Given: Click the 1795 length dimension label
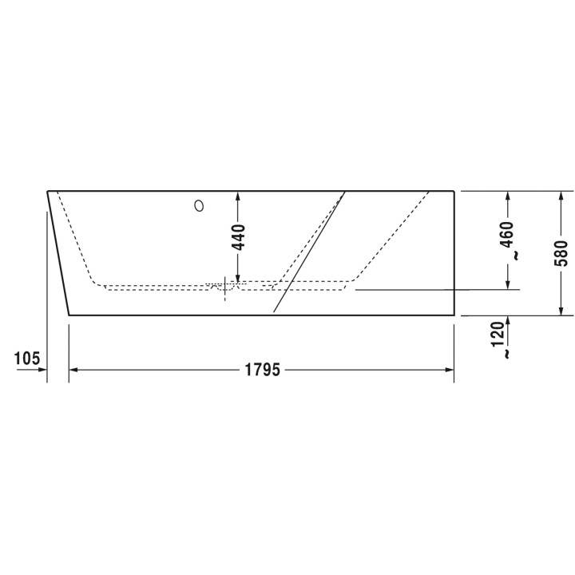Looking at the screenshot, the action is tap(262, 370).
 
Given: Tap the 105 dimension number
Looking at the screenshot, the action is tap(27, 359).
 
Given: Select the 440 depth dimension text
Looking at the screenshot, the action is tap(239, 237).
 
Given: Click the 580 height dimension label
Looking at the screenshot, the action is tap(561, 253).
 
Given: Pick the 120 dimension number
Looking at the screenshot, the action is tap(498, 334).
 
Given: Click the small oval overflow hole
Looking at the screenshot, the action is tap(199, 206).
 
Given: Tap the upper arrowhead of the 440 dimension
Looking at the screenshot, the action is tap(238, 196).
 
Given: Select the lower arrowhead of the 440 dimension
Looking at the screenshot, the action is tap(238, 279).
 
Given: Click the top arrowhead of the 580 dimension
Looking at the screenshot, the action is tap(561, 196).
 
